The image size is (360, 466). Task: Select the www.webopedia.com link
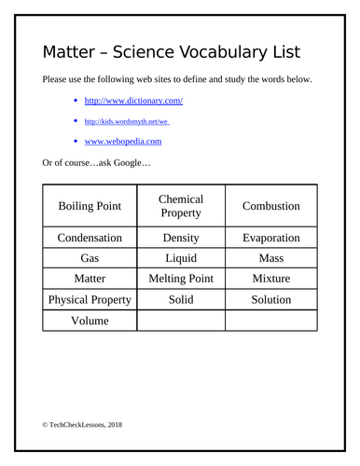[123, 142]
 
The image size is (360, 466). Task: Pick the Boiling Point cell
[90, 206]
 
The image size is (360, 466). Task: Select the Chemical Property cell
[181, 206]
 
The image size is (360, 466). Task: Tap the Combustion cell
[270, 206]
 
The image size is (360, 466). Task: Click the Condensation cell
[90, 238]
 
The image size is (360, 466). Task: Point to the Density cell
[181, 238]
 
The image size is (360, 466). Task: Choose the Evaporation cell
[270, 238]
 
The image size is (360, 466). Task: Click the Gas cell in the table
[90, 258]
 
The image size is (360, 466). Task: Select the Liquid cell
[181, 258]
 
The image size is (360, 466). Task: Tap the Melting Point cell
[181, 279]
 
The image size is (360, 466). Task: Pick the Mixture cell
[270, 279]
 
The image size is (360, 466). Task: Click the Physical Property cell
[90, 300]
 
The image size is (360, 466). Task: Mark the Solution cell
[270, 300]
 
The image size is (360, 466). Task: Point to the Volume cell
[90, 321]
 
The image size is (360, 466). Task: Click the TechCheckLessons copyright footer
[82, 425]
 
